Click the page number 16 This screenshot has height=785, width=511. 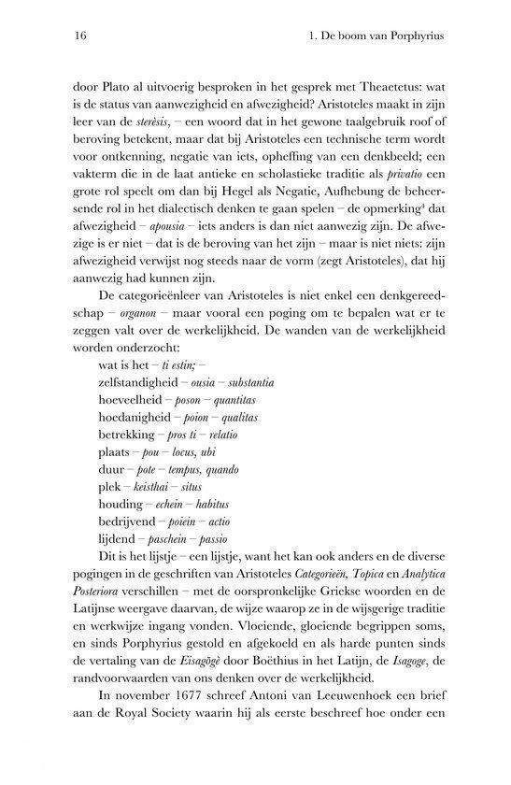pos(64,37)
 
